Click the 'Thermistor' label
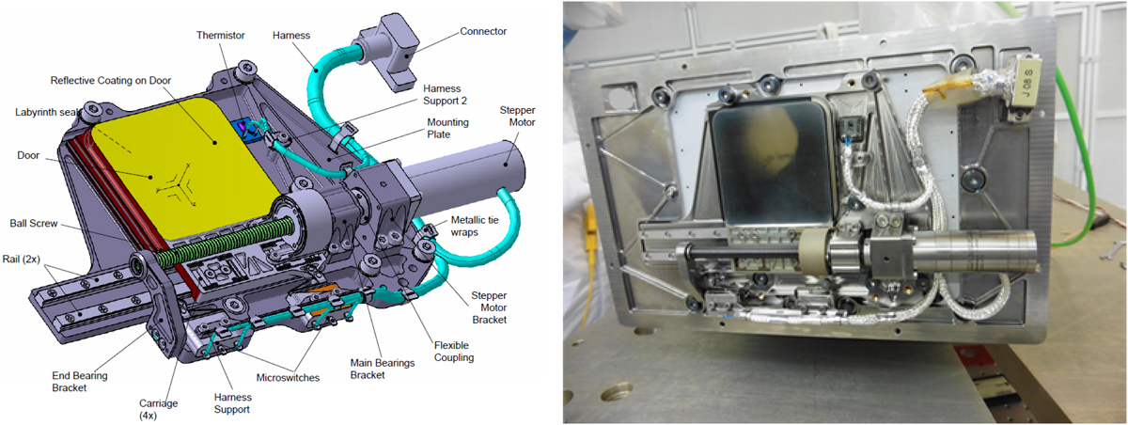pos(221,35)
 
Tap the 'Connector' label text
pos(483,31)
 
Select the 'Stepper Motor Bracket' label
pos(489,307)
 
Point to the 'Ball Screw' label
pos(34,223)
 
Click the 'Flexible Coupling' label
pos(454,352)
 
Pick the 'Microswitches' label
pos(288,378)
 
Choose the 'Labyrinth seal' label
pos(47,112)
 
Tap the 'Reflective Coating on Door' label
pos(111,81)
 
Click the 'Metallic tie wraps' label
pos(475,226)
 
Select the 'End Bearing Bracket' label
pos(80,382)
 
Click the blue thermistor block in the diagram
pos(245,129)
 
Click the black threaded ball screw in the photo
pos(742,252)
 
